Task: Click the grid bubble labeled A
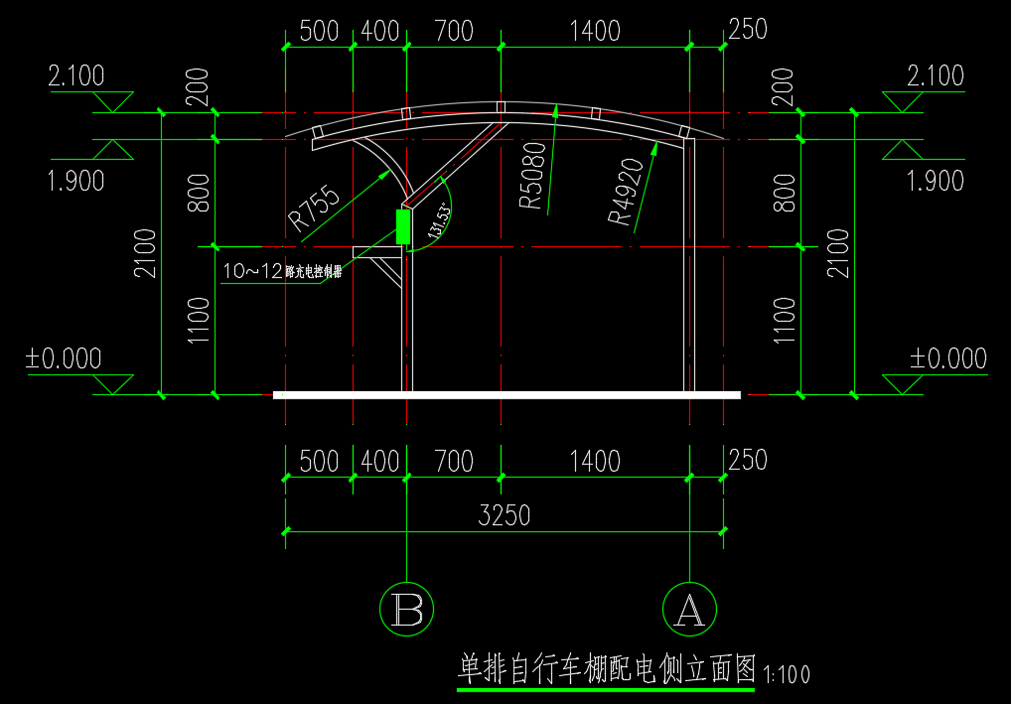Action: (x=688, y=609)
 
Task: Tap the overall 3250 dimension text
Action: (x=505, y=515)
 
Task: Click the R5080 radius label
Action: (x=533, y=177)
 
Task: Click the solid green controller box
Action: (x=402, y=226)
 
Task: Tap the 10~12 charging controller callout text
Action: (x=282, y=271)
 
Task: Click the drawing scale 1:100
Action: (x=787, y=675)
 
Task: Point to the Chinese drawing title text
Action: (x=607, y=668)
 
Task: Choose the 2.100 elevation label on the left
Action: (x=76, y=76)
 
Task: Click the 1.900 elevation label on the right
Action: (x=935, y=181)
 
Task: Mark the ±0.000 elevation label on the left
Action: (x=64, y=358)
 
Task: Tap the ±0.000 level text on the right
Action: (x=948, y=358)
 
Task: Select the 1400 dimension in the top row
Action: (x=594, y=31)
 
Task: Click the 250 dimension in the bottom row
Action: (x=747, y=460)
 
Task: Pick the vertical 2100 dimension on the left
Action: (x=145, y=253)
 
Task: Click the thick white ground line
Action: (x=506, y=395)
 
